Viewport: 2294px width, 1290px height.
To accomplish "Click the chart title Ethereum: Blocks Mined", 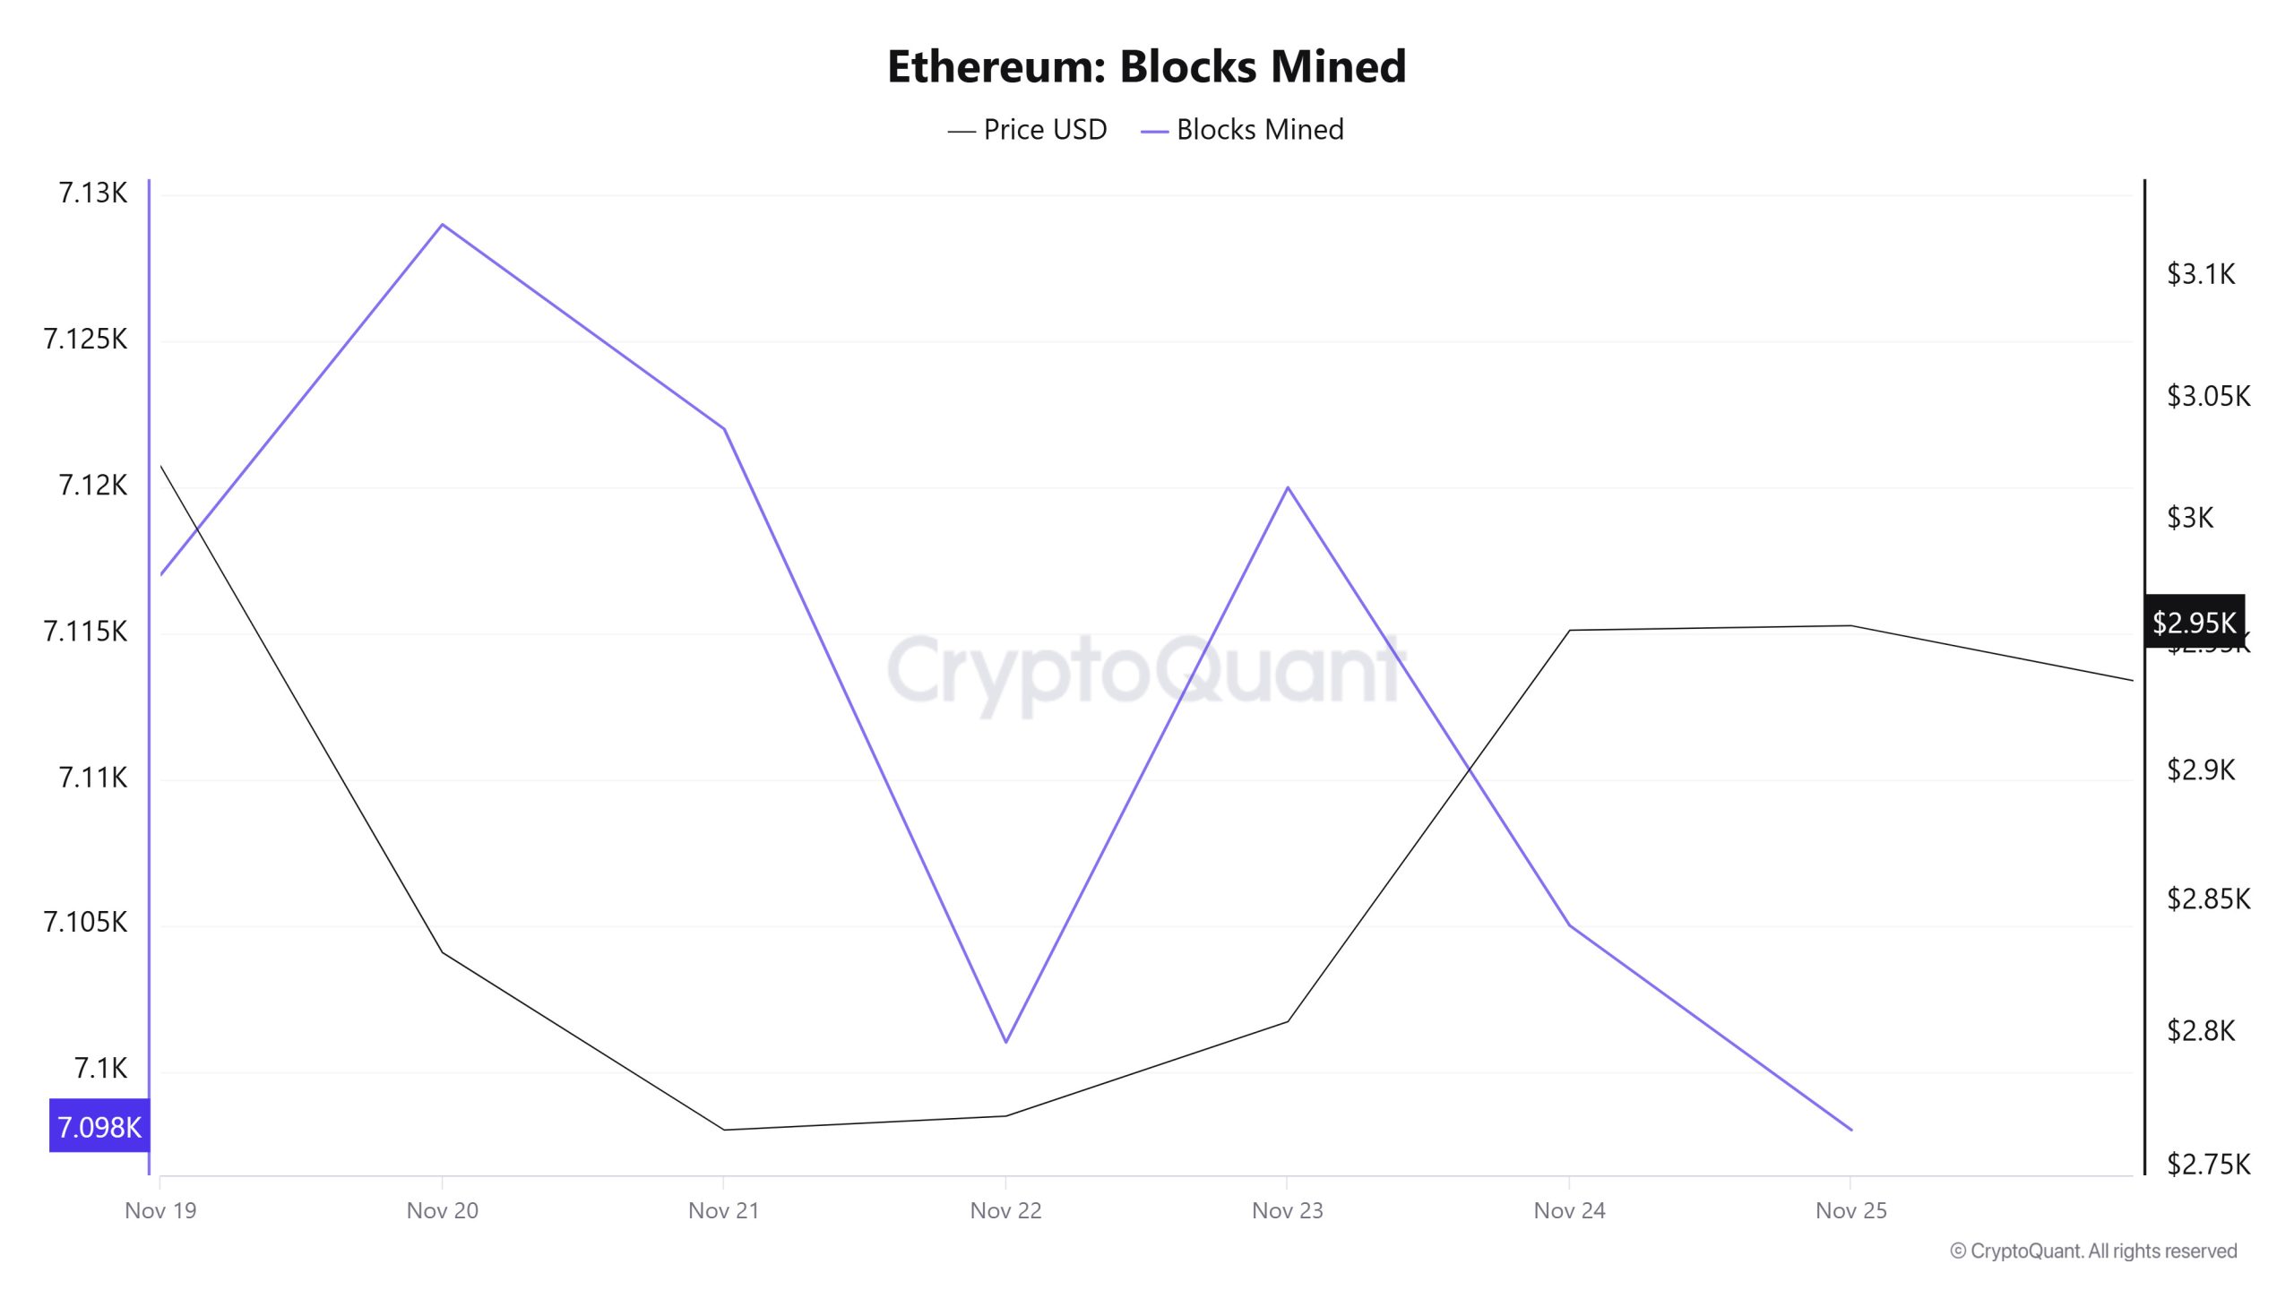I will tap(1146, 66).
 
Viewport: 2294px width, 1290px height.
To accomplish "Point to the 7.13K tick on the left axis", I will tap(92, 193).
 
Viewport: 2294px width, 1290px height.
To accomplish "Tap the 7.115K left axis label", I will tap(85, 632).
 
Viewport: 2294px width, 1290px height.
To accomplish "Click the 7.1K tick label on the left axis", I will tap(100, 1069).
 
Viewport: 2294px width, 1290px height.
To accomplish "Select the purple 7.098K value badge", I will tap(99, 1127).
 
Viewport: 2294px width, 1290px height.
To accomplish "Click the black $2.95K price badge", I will tap(2194, 622).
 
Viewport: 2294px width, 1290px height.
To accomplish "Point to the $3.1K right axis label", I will tap(2201, 274).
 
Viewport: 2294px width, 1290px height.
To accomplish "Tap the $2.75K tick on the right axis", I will tap(2208, 1165).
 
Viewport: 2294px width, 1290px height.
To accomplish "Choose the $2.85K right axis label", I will tap(2208, 899).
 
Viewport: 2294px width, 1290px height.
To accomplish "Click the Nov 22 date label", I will tap(1005, 1211).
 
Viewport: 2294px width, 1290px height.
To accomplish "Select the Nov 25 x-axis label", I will tap(1850, 1211).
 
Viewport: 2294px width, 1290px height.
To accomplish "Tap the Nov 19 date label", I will tap(160, 1211).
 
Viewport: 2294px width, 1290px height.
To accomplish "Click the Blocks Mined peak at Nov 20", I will tap(442, 224).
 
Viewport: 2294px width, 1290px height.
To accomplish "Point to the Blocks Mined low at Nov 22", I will tap(1006, 1042).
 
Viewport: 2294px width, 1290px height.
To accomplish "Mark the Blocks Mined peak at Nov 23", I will tap(1288, 487).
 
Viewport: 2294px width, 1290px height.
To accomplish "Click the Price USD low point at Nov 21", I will tap(724, 1130).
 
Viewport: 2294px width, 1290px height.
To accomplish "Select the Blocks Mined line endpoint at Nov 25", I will tap(1851, 1130).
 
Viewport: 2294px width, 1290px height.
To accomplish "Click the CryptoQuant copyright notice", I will tap(2093, 1251).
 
